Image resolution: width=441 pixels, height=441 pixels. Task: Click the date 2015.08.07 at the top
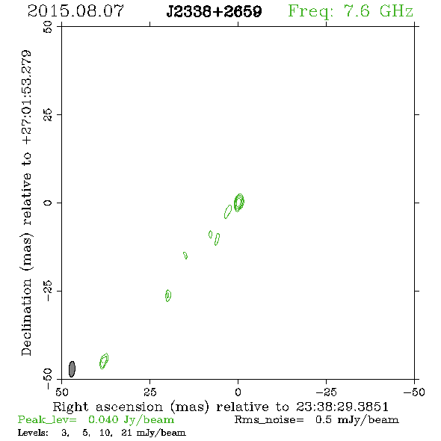pyautogui.click(x=75, y=11)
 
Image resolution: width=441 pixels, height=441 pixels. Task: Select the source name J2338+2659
pyautogui.click(x=214, y=11)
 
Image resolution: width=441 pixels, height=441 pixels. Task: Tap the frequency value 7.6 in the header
pyautogui.click(x=357, y=11)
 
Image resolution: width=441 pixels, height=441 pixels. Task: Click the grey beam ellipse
pyautogui.click(x=72, y=369)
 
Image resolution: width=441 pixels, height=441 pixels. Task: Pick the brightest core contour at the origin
pyautogui.click(x=239, y=203)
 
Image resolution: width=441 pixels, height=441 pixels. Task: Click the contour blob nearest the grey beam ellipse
pyautogui.click(x=104, y=361)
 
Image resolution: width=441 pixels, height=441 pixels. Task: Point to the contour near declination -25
pyautogui.click(x=168, y=295)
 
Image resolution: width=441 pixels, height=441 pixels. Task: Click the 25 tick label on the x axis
pyautogui.click(x=149, y=392)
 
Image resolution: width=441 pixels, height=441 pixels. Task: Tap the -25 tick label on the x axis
pyautogui.click(x=326, y=392)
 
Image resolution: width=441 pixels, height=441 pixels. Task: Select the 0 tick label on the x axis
pyautogui.click(x=238, y=392)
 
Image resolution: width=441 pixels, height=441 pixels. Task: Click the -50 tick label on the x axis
pyautogui.click(x=414, y=392)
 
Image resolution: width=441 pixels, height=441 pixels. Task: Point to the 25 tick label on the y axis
pyautogui.click(x=48, y=115)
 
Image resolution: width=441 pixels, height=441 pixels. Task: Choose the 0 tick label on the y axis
pyautogui.click(x=48, y=203)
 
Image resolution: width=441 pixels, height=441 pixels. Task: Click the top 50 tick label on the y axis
pyautogui.click(x=48, y=27)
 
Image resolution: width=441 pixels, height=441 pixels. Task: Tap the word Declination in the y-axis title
pyautogui.click(x=26, y=317)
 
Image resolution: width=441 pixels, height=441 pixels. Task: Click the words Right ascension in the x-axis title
pyautogui.click(x=108, y=407)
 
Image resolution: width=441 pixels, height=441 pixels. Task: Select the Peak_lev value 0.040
pyautogui.click(x=103, y=419)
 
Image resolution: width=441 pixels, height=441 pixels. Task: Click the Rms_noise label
pyautogui.click(x=269, y=420)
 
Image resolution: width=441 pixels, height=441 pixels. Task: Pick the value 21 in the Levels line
pyautogui.click(x=126, y=432)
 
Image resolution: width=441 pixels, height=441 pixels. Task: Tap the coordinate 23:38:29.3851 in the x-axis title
pyautogui.click(x=342, y=407)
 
